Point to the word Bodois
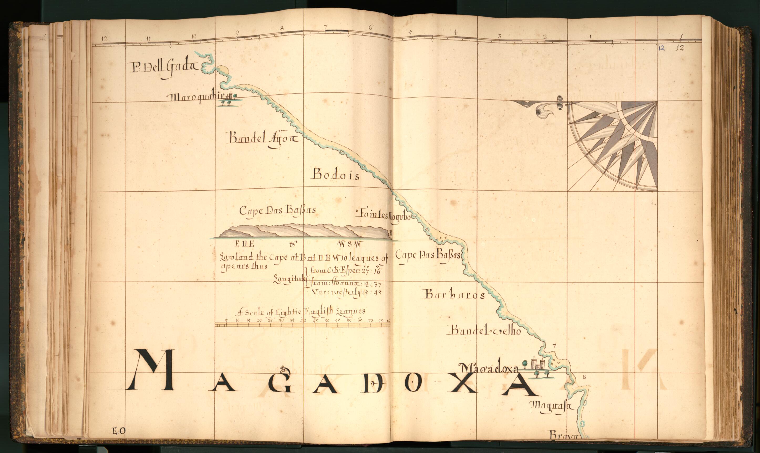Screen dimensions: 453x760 336,175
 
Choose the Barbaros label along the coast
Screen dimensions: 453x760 454,295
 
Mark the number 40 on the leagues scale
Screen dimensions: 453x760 303,321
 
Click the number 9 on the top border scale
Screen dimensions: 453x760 237,33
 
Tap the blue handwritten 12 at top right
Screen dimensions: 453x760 661,48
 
